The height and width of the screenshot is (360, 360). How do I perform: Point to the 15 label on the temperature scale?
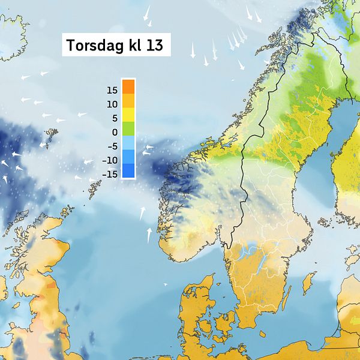[112, 91]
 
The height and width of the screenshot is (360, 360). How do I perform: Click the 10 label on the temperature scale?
[112, 104]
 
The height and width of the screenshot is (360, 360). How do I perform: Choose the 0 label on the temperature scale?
[114, 132]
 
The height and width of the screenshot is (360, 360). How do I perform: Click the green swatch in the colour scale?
[128, 128]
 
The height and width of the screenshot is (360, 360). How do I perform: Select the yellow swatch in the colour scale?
[128, 115]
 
